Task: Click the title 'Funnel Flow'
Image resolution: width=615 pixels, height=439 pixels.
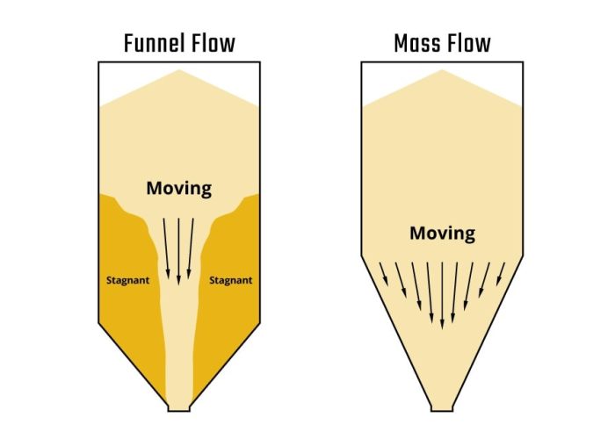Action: click(x=178, y=42)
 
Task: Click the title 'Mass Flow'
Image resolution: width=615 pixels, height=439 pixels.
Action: click(x=442, y=42)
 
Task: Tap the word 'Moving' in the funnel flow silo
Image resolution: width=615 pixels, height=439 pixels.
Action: click(x=178, y=188)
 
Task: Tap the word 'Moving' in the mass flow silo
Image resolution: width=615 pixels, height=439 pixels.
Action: click(x=442, y=234)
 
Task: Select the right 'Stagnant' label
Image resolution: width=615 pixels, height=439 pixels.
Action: click(x=231, y=281)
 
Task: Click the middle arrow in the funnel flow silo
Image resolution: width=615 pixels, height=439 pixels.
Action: click(x=178, y=250)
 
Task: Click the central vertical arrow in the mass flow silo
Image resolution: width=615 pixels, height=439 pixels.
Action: click(x=442, y=294)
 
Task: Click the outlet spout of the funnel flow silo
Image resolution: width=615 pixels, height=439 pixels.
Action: click(x=178, y=406)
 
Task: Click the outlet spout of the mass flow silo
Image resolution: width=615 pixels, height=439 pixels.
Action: click(x=442, y=406)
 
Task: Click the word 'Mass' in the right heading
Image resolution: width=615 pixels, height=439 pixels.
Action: click(x=417, y=42)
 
